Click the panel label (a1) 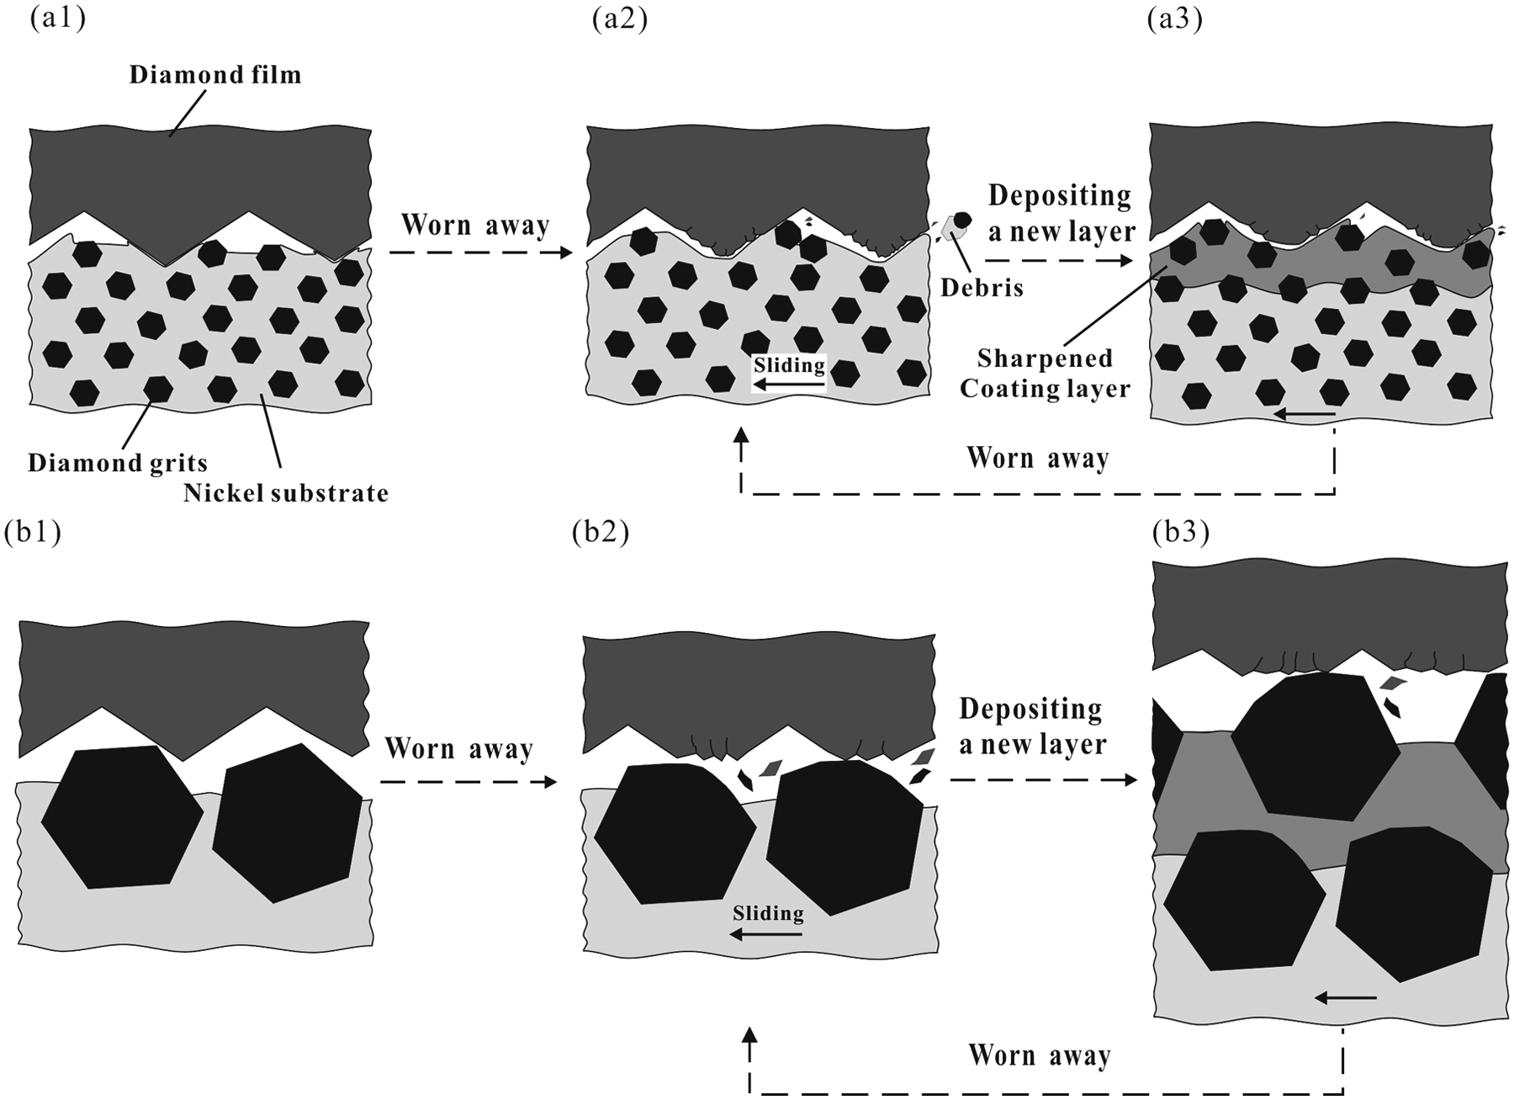58,19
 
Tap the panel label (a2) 620,19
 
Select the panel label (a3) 1175,19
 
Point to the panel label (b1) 33,534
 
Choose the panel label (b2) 601,534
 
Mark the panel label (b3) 1181,534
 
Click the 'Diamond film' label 215,75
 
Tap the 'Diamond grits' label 118,463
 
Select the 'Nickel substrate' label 286,492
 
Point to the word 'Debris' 982,288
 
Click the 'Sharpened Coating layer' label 1046,374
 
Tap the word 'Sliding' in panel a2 789,365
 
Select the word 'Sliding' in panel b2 768,913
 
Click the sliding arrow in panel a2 789,385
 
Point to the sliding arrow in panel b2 765,933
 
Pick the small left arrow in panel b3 1346,998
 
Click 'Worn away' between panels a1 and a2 475,226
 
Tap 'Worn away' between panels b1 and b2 459,748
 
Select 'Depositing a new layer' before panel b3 1033,726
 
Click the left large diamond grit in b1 122,816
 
